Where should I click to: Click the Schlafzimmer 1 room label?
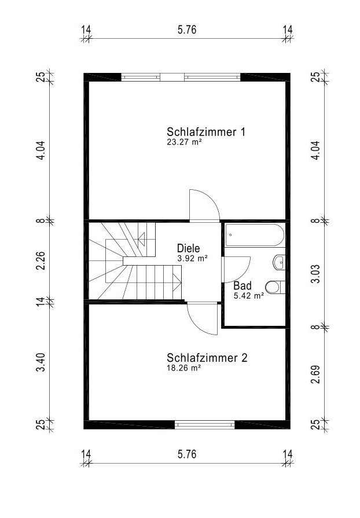[x=206, y=132]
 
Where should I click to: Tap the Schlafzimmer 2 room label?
[x=207, y=358]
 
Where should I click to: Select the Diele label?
[x=188, y=248]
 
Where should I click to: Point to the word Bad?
[x=243, y=285]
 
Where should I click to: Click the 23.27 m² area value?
[x=184, y=142]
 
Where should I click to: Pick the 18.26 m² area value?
[x=184, y=368]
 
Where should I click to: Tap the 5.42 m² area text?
[x=249, y=296]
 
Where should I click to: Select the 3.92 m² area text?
[x=192, y=258]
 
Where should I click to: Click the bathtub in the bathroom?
[x=254, y=235]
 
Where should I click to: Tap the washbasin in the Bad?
[x=279, y=262]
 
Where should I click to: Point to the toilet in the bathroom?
[x=275, y=287]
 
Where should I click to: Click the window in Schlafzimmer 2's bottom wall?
[x=204, y=424]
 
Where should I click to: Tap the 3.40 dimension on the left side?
[x=41, y=362]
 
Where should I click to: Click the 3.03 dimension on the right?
[x=316, y=274]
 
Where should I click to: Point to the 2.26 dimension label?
[x=41, y=260]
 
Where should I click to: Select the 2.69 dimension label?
[x=316, y=374]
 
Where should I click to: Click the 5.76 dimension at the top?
[x=187, y=30]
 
